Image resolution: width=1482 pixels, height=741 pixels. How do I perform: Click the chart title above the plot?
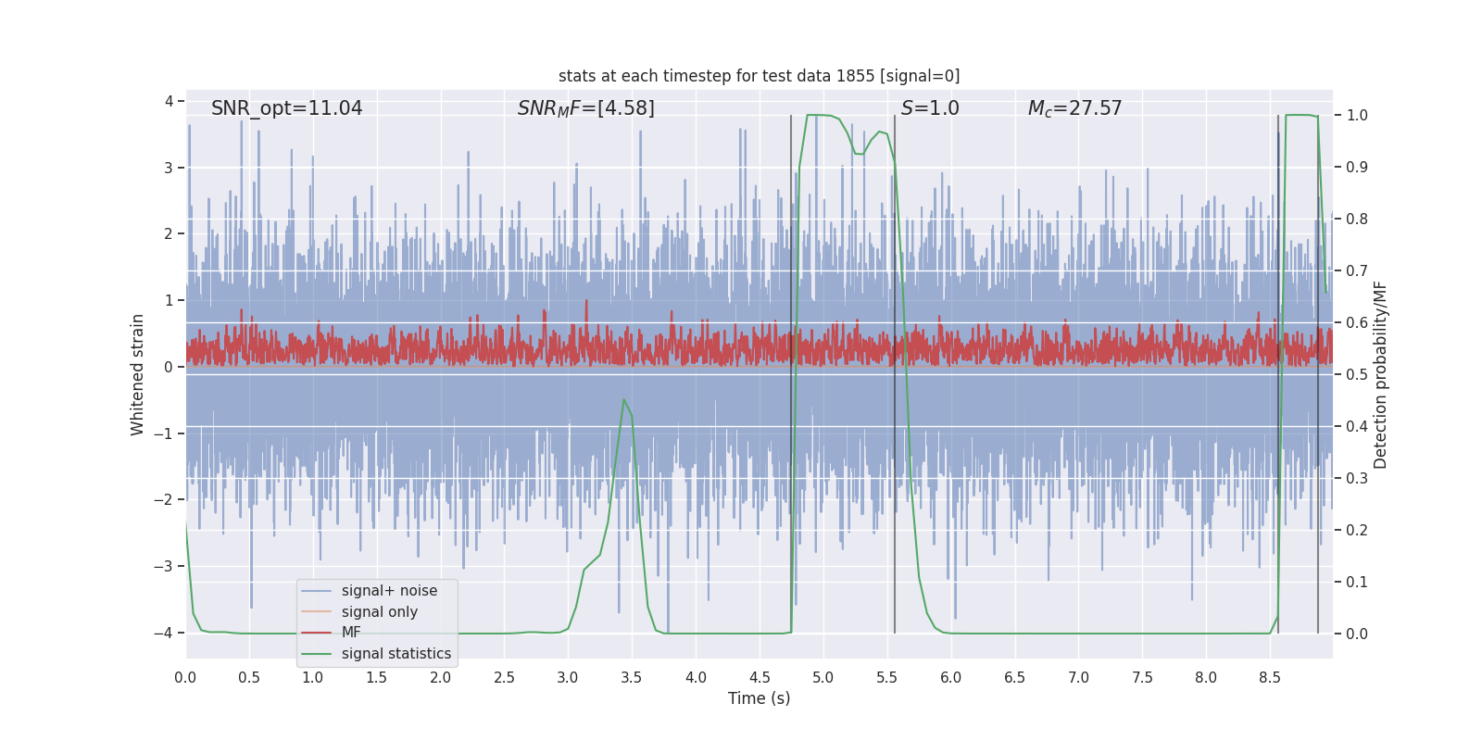tap(759, 76)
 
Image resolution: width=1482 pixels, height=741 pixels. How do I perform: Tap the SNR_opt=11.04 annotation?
tap(286, 108)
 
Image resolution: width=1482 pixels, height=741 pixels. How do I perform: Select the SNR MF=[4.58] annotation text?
tap(585, 108)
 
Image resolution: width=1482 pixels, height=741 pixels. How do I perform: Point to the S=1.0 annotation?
tap(930, 108)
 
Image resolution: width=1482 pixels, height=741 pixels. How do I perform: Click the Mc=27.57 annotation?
tap(1074, 108)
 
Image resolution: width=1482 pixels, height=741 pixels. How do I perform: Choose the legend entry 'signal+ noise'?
tap(389, 591)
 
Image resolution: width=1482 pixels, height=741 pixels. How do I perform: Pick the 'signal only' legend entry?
tap(379, 612)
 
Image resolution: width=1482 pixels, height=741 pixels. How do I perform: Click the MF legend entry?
tap(351, 633)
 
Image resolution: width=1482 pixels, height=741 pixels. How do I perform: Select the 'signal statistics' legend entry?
tap(396, 654)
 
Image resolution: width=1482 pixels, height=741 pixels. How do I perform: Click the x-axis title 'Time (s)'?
tap(759, 698)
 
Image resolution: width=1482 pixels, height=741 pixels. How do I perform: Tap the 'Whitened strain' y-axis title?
tap(138, 374)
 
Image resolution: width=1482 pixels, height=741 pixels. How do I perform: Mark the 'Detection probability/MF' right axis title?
tap(1380, 374)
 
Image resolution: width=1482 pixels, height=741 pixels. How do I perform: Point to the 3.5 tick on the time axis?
tap(632, 678)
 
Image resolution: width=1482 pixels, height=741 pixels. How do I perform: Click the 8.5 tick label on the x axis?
tap(1269, 678)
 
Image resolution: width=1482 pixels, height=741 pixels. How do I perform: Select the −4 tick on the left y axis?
tap(168, 634)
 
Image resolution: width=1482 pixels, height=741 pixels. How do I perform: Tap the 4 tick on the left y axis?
tap(170, 101)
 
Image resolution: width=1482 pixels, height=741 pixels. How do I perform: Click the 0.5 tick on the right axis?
tap(1357, 375)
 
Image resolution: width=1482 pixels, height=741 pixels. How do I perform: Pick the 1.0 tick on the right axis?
tap(1357, 116)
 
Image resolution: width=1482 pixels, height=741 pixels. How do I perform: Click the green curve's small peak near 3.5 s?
tap(624, 400)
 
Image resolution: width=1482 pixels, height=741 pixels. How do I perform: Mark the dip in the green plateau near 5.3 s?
tap(860, 154)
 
